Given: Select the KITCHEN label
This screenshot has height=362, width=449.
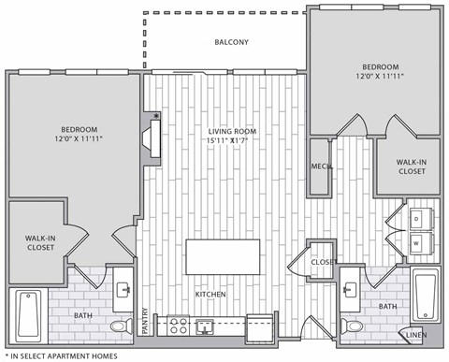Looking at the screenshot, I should [210, 294].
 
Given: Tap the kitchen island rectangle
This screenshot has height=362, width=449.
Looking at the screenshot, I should [223, 256].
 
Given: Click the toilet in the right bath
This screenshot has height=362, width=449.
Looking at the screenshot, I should [351, 326].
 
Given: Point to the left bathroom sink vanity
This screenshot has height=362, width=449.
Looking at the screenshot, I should [123, 293].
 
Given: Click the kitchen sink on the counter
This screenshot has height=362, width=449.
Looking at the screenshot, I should [205, 326].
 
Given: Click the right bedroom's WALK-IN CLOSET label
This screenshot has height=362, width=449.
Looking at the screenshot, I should [412, 167].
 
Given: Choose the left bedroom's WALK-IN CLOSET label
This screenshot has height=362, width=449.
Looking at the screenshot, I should [39, 244].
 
